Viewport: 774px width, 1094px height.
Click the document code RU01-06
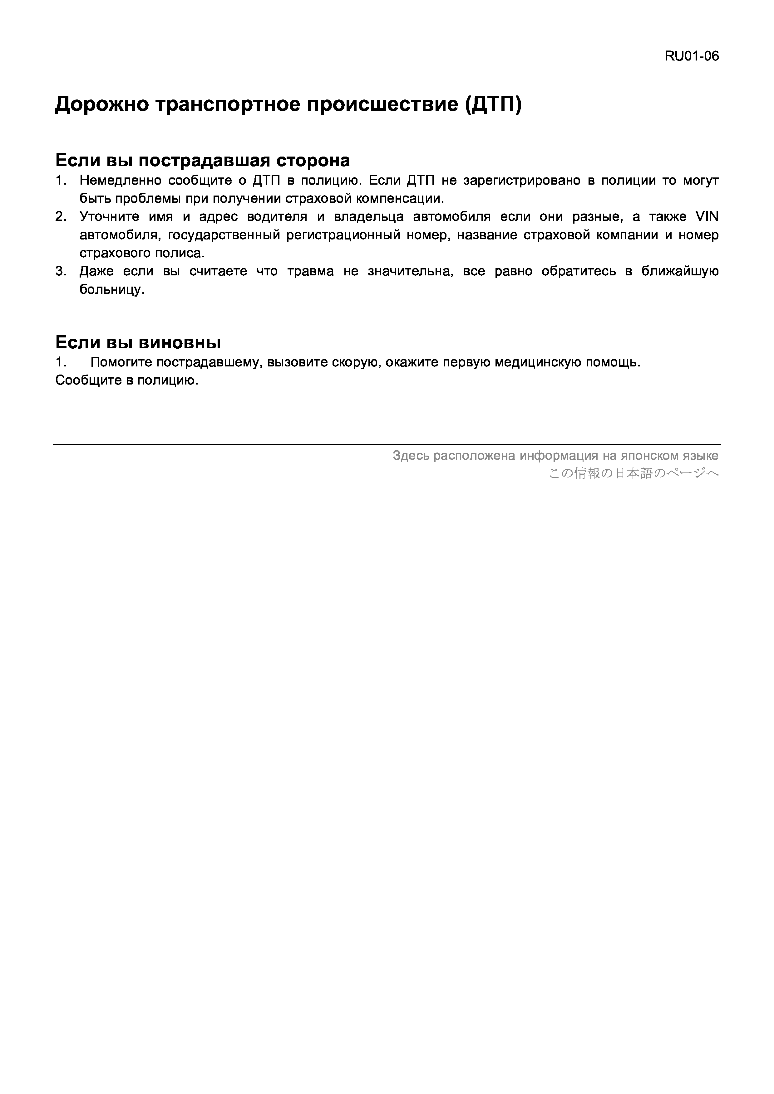692,56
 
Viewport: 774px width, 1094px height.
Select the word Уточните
109,217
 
